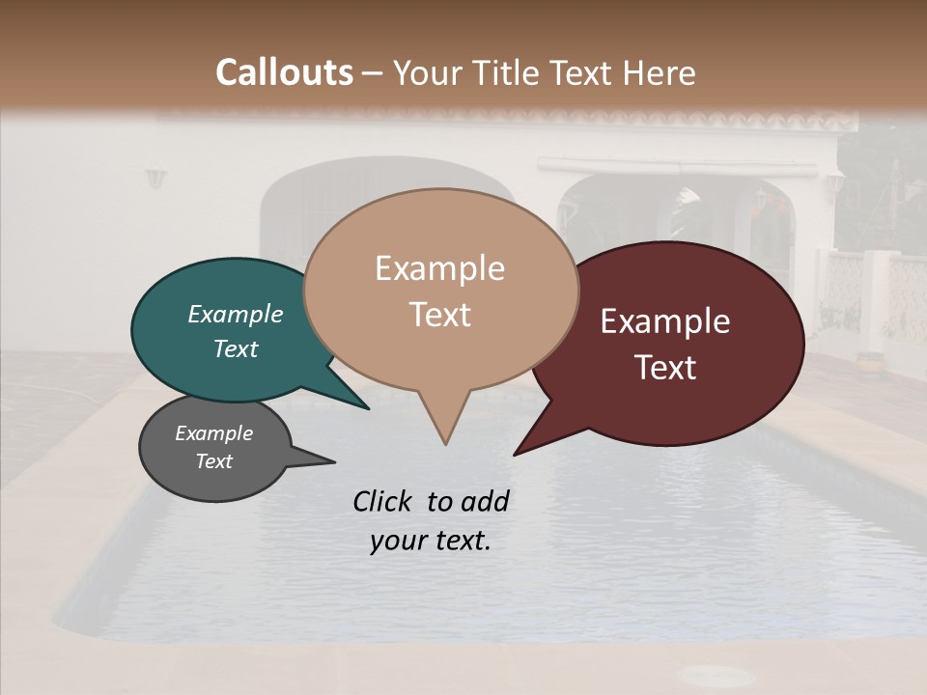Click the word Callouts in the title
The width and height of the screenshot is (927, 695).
click(284, 72)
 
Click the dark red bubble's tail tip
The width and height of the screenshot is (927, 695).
click(516, 453)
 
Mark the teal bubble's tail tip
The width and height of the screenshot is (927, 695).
click(367, 407)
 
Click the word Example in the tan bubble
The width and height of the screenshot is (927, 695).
click(439, 268)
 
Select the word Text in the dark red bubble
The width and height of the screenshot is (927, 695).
click(665, 368)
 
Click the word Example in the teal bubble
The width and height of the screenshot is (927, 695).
click(235, 314)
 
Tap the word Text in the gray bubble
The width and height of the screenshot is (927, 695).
click(214, 461)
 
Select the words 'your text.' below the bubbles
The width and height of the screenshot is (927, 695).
click(431, 541)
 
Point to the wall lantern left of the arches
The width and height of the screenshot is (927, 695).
click(155, 179)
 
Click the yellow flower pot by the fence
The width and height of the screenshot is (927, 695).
click(868, 364)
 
